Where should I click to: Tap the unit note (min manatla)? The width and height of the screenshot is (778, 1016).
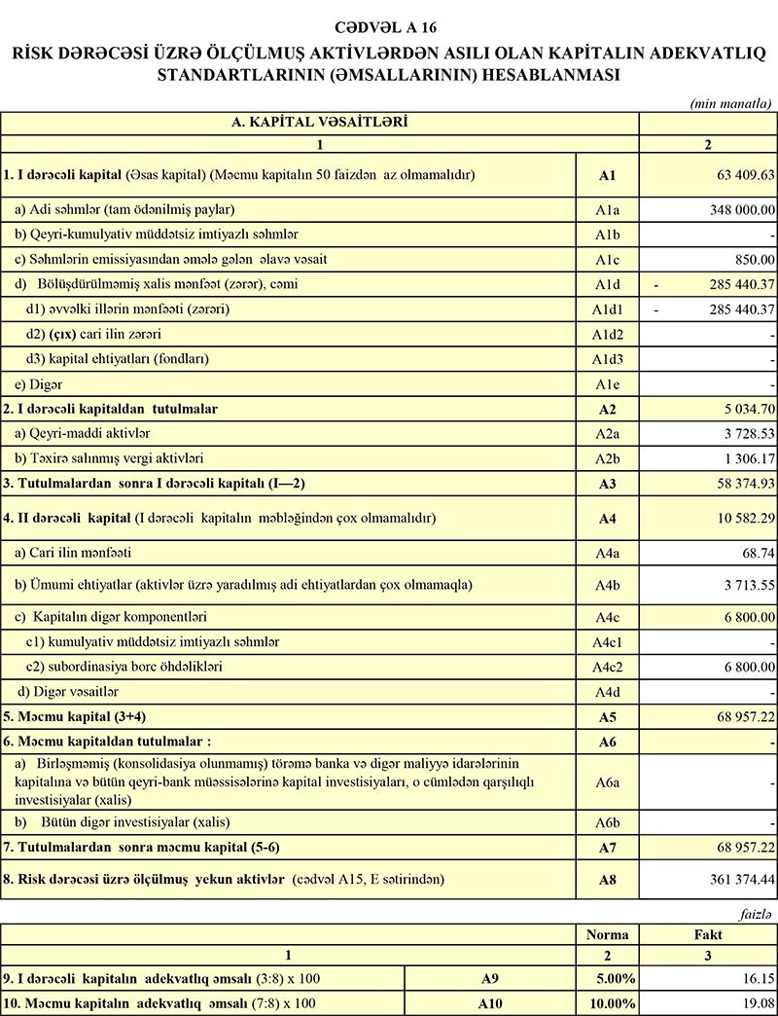click(730, 102)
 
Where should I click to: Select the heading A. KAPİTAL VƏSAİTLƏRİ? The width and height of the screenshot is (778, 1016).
click(319, 123)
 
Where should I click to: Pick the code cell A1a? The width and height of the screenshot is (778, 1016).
click(608, 209)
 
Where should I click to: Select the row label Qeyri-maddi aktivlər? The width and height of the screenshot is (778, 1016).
click(82, 432)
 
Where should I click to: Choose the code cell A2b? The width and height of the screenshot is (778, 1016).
click(608, 457)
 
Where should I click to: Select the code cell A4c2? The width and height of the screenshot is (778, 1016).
click(608, 667)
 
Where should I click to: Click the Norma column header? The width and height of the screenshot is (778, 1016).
click(609, 934)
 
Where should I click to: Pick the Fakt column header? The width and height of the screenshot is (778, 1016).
click(707, 934)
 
